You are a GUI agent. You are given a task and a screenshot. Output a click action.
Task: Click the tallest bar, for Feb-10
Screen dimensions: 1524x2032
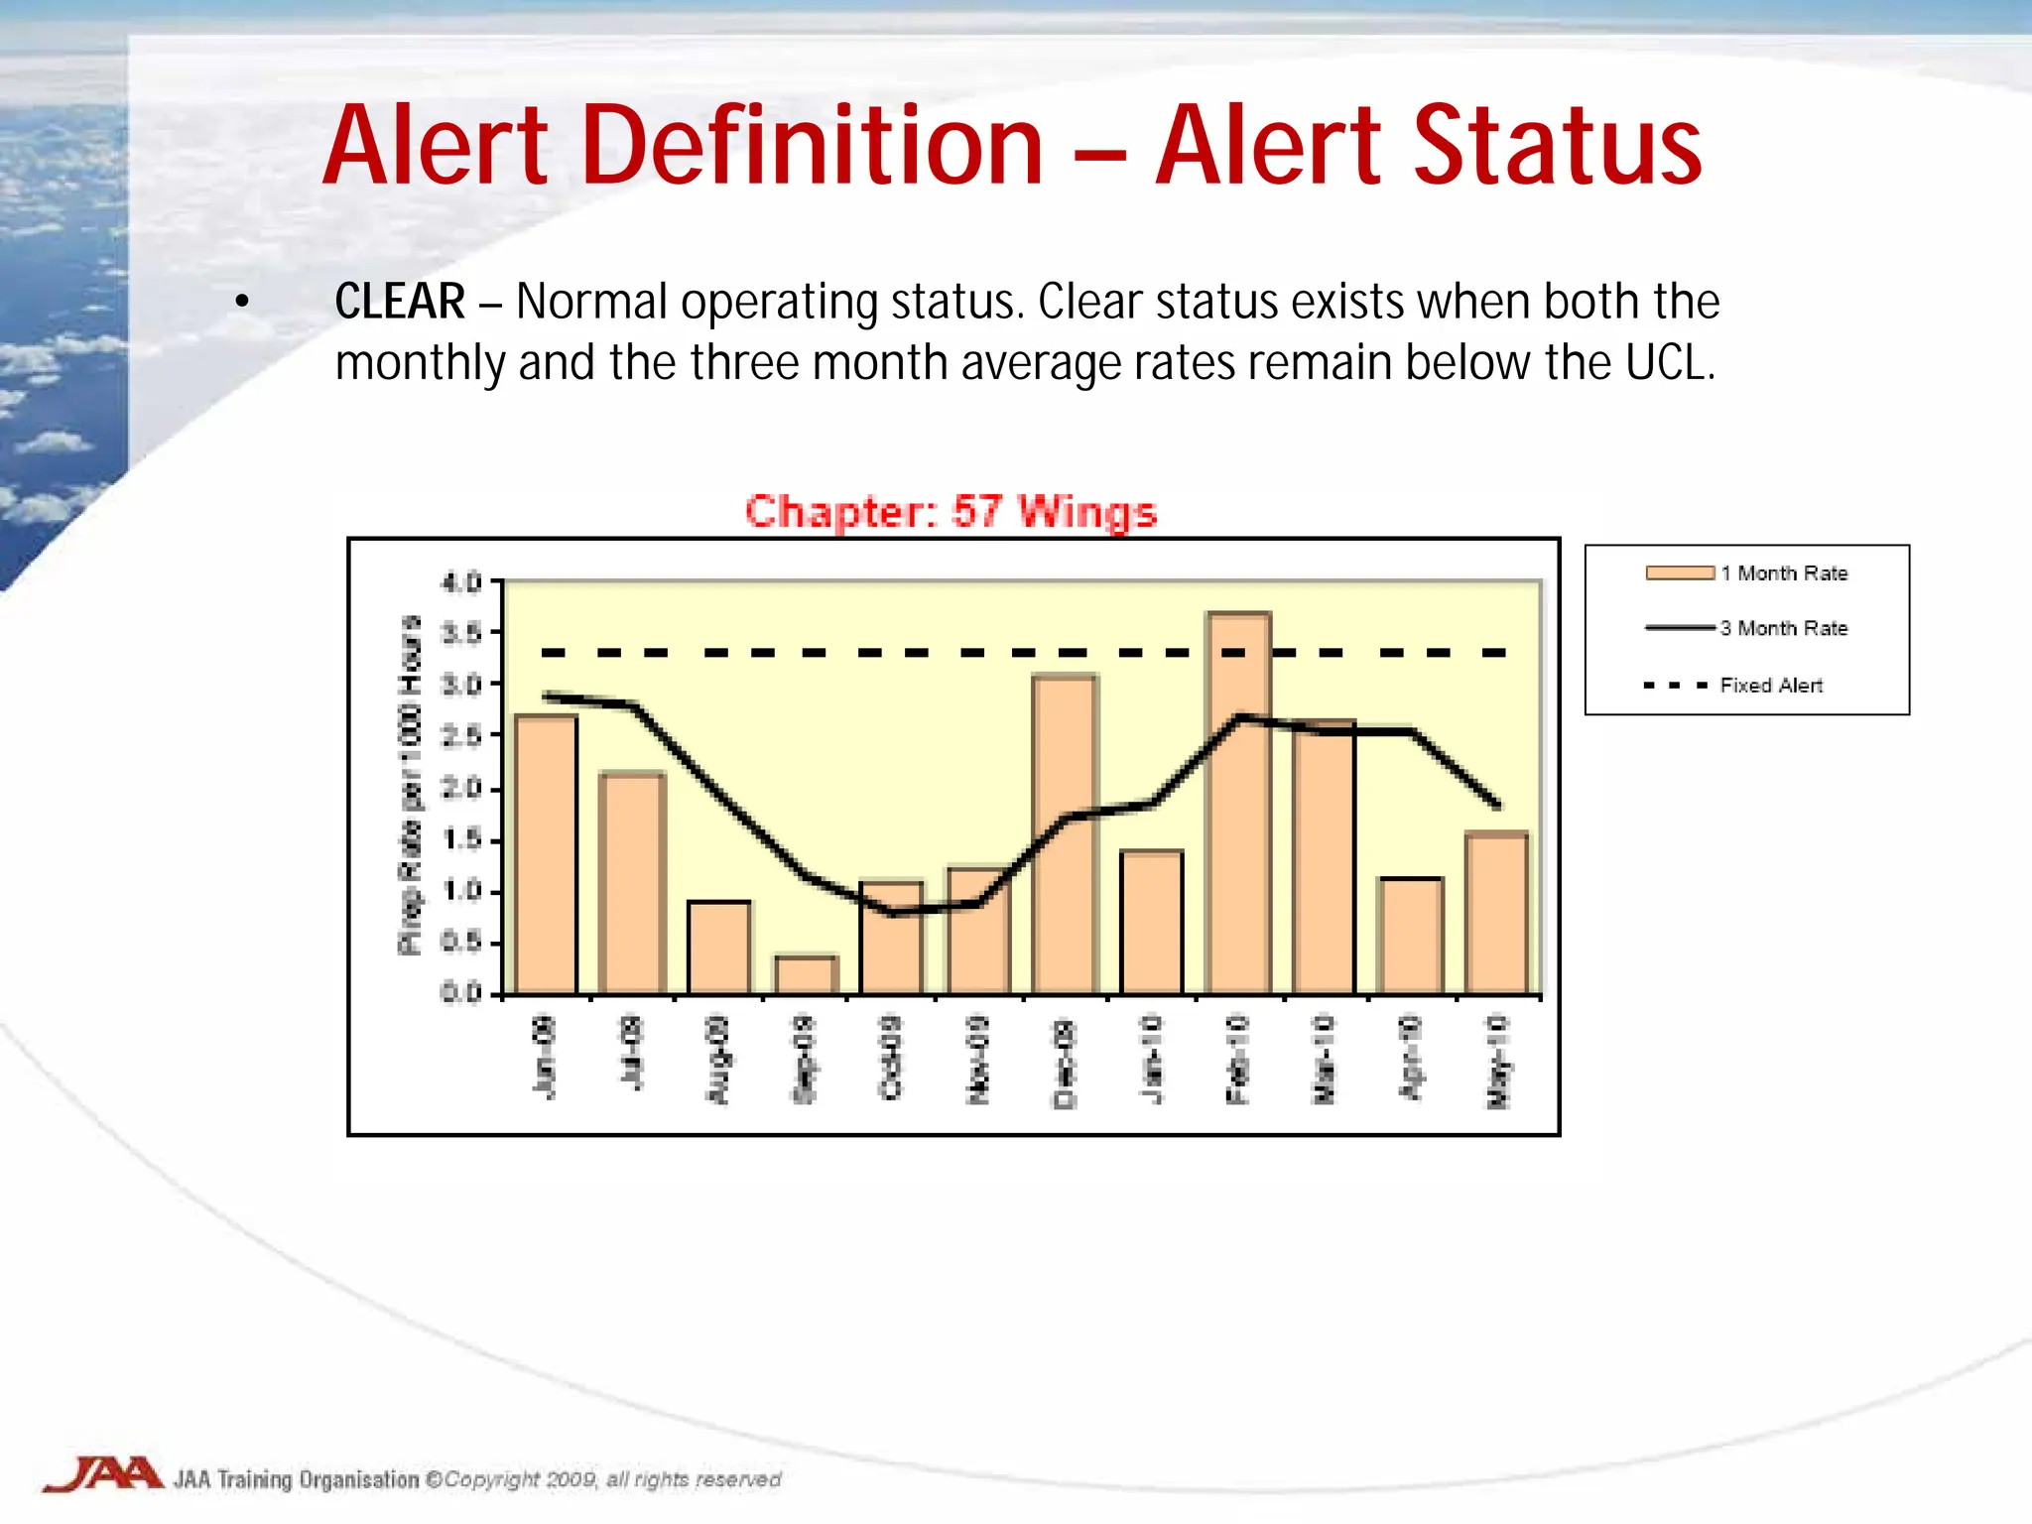point(1238,804)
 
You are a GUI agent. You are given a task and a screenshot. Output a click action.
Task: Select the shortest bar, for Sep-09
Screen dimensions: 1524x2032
point(806,974)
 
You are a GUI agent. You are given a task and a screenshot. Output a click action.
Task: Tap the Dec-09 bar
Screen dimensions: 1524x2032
point(1065,833)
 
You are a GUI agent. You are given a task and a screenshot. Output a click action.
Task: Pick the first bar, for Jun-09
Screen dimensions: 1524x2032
point(546,853)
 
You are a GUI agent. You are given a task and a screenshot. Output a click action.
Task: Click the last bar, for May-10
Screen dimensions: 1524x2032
point(1496,913)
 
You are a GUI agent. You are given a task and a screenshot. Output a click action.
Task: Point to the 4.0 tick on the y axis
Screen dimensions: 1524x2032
point(461,581)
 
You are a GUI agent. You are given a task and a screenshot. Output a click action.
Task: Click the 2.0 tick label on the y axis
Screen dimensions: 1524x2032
point(461,789)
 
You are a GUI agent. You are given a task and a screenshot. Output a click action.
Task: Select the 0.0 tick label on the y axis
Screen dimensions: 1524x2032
point(461,993)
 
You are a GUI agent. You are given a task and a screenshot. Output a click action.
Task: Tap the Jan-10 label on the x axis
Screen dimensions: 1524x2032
point(1151,1059)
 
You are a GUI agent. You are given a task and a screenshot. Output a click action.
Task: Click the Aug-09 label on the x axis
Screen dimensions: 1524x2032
point(717,1059)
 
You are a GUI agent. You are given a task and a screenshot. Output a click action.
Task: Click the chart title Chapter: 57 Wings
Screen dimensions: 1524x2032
point(951,512)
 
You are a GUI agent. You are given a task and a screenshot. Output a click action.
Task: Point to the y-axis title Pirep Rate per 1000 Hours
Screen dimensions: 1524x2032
point(410,784)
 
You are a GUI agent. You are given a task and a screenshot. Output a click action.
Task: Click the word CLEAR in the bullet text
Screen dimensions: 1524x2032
point(399,302)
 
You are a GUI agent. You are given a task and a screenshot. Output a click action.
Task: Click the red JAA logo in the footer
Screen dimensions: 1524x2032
point(103,1474)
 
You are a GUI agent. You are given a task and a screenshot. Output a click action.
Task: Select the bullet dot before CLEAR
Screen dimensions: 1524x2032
point(242,302)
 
